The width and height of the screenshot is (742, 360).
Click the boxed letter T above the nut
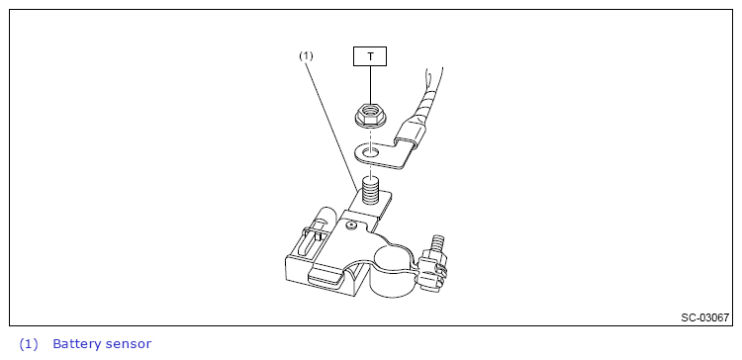370,56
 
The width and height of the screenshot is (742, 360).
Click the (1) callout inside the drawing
306,55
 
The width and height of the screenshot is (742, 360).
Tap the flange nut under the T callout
371,116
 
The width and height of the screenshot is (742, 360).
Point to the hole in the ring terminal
371,152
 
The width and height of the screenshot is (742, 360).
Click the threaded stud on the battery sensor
370,190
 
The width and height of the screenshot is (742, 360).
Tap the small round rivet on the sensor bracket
350,225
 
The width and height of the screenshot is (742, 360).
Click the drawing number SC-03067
705,317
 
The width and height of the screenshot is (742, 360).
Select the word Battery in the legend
76,344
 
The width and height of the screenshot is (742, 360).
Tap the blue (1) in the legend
29,344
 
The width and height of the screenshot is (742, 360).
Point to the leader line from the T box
370,84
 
